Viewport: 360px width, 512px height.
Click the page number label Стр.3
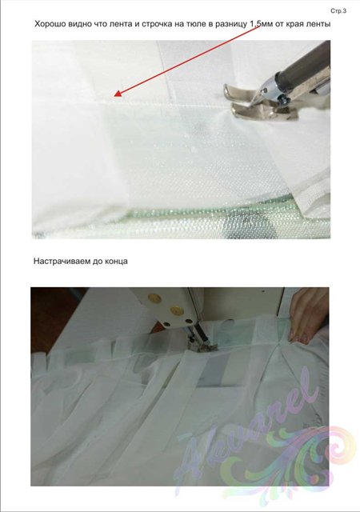(x=338, y=11)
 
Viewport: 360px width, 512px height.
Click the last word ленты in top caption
(x=318, y=25)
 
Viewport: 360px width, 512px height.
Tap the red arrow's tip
(x=114, y=96)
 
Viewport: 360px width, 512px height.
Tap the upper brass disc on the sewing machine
(x=154, y=298)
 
